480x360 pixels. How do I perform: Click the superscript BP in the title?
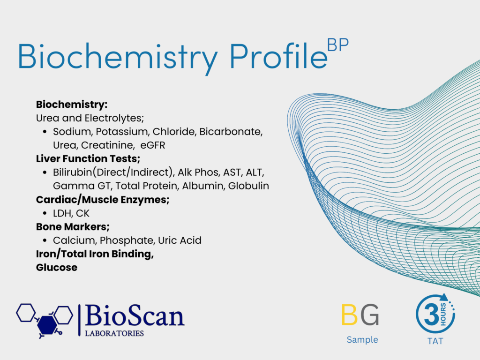tap(337, 45)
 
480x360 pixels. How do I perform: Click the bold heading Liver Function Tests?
tap(88, 158)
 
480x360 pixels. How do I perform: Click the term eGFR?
tap(153, 145)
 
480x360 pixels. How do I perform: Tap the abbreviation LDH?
tap(62, 213)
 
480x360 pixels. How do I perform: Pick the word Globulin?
tap(248, 186)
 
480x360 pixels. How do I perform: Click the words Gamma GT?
tap(82, 186)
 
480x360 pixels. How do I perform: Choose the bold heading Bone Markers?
tap(73, 227)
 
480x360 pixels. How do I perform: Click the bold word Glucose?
tap(57, 268)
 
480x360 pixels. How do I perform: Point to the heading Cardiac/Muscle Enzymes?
tap(103, 200)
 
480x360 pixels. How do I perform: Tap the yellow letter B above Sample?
tap(349, 315)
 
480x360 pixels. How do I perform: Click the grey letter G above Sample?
tap(370, 315)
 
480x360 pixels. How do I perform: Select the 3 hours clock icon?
tap(435, 314)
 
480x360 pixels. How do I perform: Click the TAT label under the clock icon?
tap(435, 341)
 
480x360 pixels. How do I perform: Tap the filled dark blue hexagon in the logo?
tap(47, 325)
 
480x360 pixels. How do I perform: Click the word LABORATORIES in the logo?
tap(114, 333)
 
